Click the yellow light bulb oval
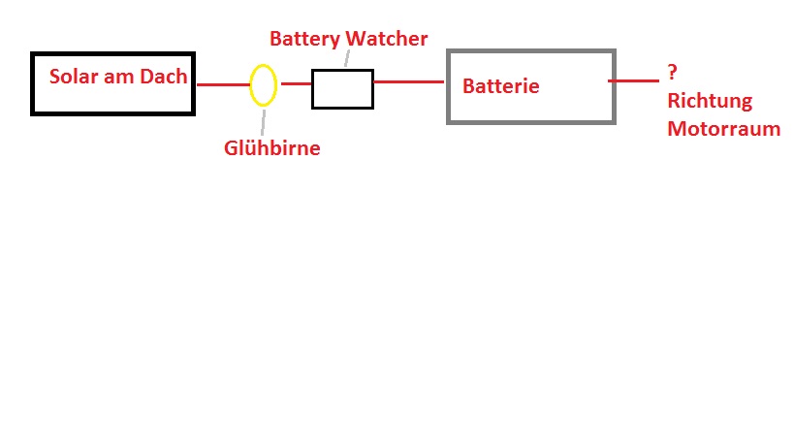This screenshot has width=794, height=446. pyautogui.click(x=263, y=84)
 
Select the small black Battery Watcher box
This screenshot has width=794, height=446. pyautogui.click(x=342, y=88)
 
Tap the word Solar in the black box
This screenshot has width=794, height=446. pyautogui.click(x=75, y=77)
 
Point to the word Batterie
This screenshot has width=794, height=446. pyautogui.click(x=500, y=86)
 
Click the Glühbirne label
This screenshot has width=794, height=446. pyautogui.click(x=271, y=148)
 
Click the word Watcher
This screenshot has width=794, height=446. pyautogui.click(x=390, y=40)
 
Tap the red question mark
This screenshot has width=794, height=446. pyautogui.click(x=672, y=73)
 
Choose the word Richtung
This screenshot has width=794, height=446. pyautogui.click(x=710, y=101)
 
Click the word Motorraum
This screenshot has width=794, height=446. pyautogui.click(x=723, y=128)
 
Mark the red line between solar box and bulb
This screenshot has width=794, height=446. pyautogui.click(x=223, y=84)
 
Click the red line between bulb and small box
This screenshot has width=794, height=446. pyautogui.click(x=295, y=84)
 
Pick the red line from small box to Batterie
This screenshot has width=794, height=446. pyautogui.click(x=408, y=82)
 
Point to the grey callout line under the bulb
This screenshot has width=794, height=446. pyautogui.click(x=262, y=120)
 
